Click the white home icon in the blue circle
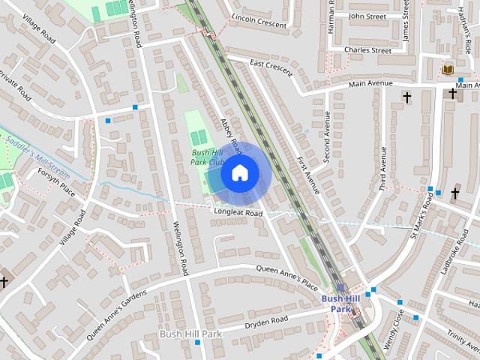(239, 173)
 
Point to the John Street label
(366, 15)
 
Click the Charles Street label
(367, 50)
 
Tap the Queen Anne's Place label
(287, 276)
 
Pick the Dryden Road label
(266, 323)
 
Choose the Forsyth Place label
(56, 181)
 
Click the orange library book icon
(448, 70)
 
